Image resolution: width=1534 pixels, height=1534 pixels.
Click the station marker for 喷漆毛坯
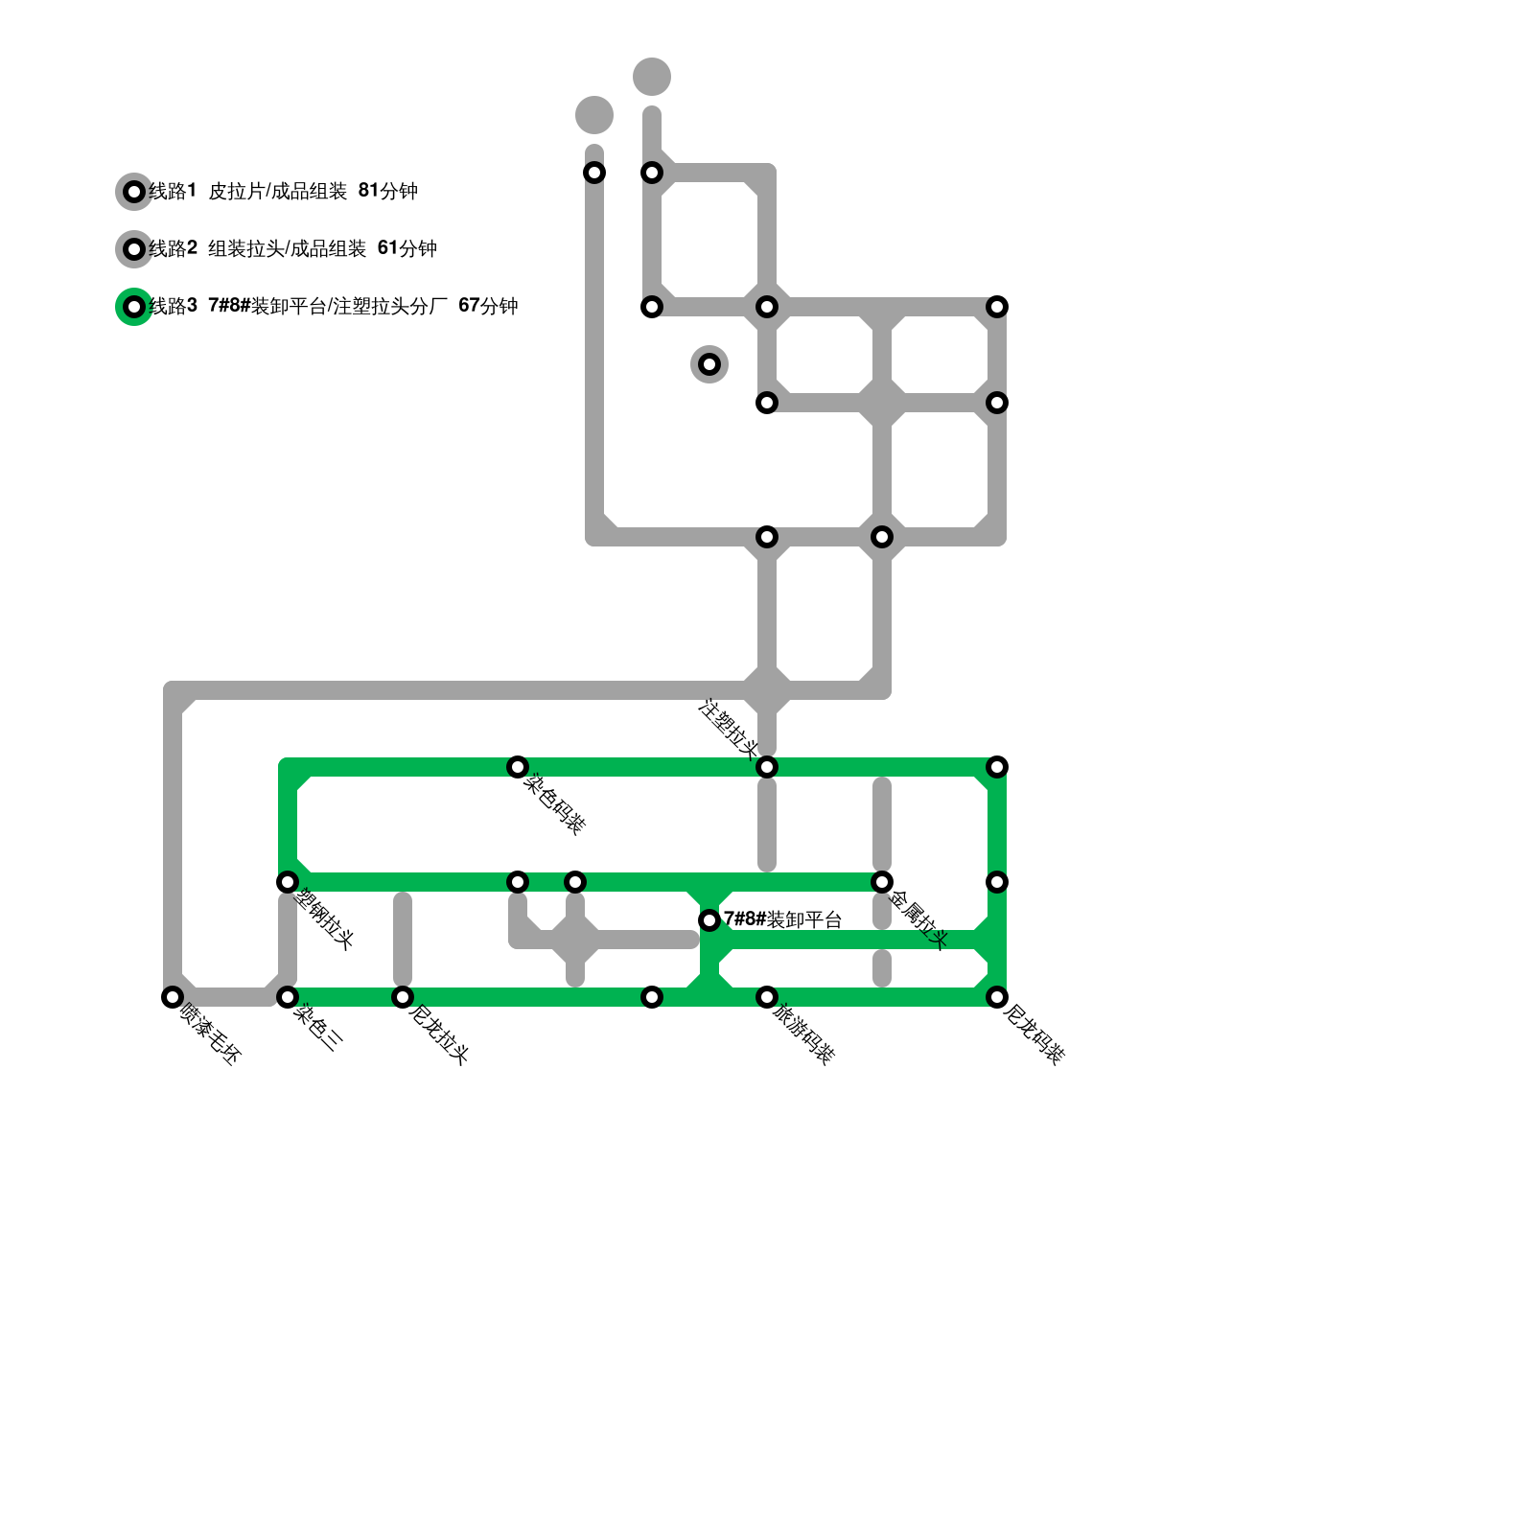pos(173,997)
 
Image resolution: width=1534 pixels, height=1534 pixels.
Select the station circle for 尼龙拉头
pos(403,997)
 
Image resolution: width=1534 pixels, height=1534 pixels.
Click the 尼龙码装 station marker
pos(997,997)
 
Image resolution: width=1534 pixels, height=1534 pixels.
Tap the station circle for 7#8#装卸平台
pos(709,920)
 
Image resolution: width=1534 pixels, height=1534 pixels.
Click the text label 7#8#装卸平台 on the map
pos(782,919)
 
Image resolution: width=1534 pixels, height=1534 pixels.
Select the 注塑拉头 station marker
pos(767,767)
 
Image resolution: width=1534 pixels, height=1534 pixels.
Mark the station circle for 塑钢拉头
pos(288,882)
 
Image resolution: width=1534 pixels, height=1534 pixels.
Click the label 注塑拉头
pos(729,728)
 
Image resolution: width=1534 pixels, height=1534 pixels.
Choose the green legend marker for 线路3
pos(134,307)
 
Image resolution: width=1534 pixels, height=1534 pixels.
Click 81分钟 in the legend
pos(387,191)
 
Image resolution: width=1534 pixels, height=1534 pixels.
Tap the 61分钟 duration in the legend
pos(407,248)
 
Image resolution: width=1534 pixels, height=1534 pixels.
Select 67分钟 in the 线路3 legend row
pos(488,306)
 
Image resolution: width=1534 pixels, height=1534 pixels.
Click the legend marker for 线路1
pos(134,192)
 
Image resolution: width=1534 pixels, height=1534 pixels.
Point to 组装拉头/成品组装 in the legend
pos(287,248)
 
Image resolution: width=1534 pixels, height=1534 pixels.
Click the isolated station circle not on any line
pos(709,364)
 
